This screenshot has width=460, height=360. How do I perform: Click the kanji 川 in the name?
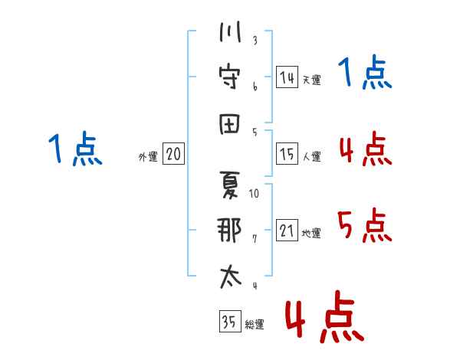230,31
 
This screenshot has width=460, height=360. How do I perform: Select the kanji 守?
229,77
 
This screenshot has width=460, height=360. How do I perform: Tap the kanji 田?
230,123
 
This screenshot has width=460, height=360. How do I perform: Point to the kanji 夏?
229,185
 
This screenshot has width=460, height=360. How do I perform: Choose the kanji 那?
229,230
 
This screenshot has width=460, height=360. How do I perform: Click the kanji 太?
230,277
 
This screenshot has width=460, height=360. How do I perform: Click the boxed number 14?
287,77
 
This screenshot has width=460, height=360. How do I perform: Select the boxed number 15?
287,154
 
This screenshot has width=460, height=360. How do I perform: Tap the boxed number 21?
287,230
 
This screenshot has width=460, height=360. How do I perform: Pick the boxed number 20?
173,154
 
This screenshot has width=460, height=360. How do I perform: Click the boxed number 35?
230,321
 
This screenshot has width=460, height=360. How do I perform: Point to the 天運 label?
312,80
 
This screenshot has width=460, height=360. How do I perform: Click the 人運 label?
312,156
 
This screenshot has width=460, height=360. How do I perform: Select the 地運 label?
311,233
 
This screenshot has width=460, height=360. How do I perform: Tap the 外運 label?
148,156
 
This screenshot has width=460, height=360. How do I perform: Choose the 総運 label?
255,324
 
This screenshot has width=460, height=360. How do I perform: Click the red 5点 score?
365,225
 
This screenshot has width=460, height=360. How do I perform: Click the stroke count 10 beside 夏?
254,194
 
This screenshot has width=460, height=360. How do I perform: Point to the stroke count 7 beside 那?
255,239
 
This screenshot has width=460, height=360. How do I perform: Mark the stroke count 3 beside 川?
255,40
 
